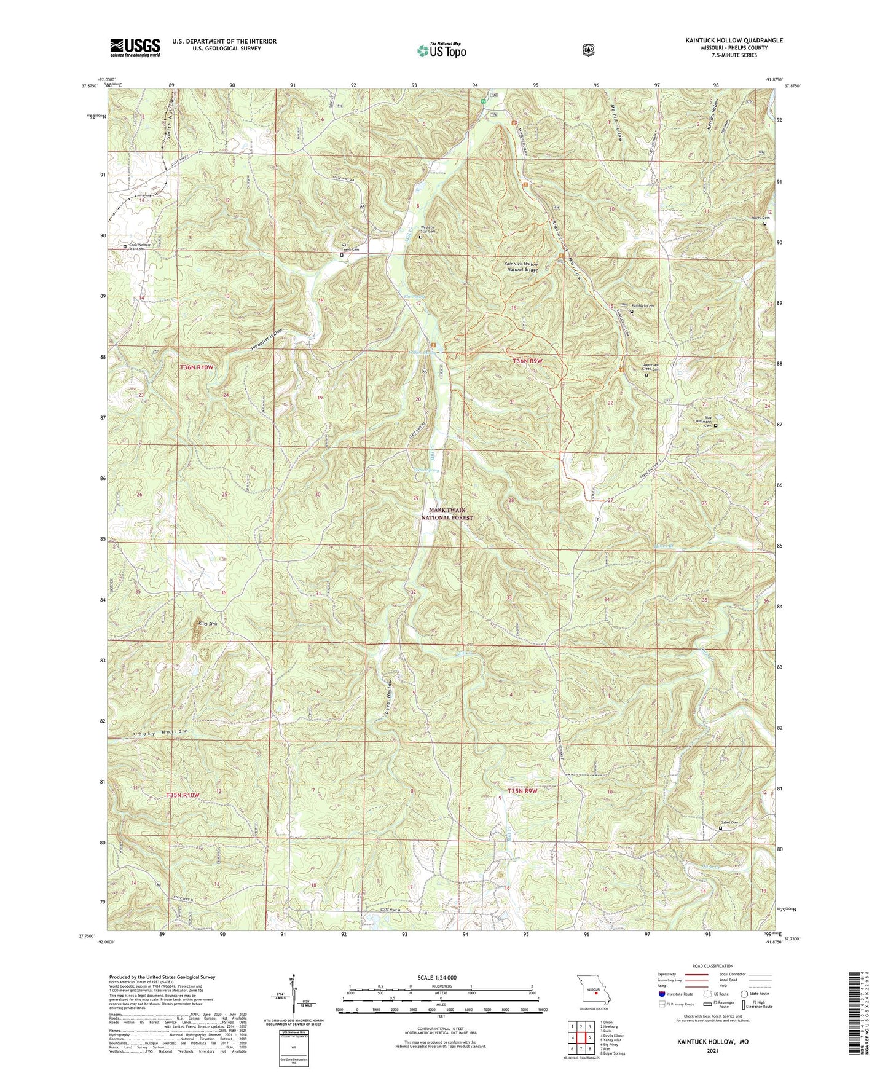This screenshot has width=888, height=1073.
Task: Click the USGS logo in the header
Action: (x=135, y=47)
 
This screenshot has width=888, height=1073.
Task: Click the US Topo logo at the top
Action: (x=441, y=50)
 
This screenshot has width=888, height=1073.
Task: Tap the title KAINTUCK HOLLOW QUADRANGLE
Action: (x=734, y=41)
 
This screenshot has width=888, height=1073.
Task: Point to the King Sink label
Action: (x=208, y=624)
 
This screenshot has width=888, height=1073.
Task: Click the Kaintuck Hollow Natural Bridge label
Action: (x=521, y=267)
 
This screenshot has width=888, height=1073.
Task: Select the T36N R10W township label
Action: (x=197, y=367)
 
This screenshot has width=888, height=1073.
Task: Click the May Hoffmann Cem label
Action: (x=704, y=423)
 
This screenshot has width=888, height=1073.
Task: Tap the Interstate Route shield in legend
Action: (x=661, y=994)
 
